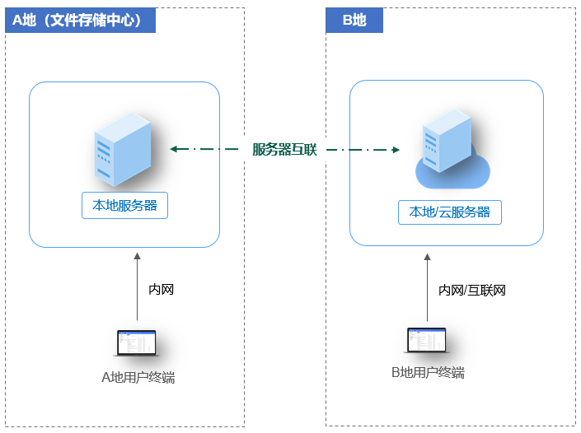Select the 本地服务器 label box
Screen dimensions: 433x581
tap(124, 206)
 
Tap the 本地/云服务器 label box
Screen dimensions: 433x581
tap(449, 212)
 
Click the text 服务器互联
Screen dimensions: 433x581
tap(284, 150)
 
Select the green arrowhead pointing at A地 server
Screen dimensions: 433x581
tap(174, 149)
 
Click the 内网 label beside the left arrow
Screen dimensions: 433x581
tap(161, 290)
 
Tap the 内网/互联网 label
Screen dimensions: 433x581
tap(471, 290)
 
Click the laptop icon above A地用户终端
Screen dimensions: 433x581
tap(137, 342)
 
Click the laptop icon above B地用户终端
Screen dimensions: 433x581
tap(426, 340)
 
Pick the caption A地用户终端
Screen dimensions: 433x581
tap(138, 378)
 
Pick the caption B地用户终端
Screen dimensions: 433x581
tap(427, 373)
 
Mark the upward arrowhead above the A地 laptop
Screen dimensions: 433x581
tap(138, 258)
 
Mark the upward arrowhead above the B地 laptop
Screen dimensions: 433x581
tap(427, 258)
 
